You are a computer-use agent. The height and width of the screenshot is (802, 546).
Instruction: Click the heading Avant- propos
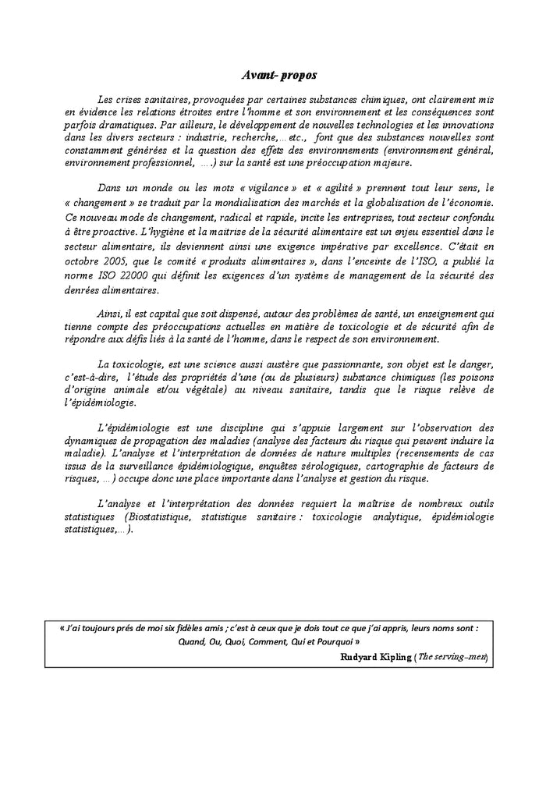click(x=278, y=76)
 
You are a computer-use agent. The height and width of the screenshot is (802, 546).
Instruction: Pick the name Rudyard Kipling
click(x=375, y=657)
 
